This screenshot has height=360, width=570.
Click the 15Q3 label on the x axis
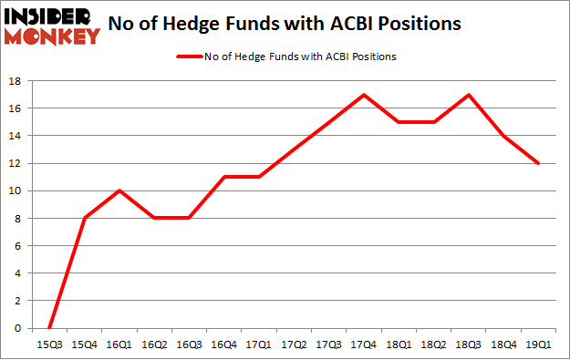pos(48,345)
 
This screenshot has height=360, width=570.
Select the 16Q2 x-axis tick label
pos(153,345)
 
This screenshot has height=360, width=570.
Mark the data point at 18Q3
pos(469,95)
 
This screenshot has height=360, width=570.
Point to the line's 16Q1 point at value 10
pos(119,190)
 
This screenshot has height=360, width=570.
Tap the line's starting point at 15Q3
pos(48,328)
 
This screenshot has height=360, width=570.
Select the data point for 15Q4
pos(84,218)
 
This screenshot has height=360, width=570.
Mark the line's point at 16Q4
pos(223,177)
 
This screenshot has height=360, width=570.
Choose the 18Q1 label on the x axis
pos(399,345)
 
